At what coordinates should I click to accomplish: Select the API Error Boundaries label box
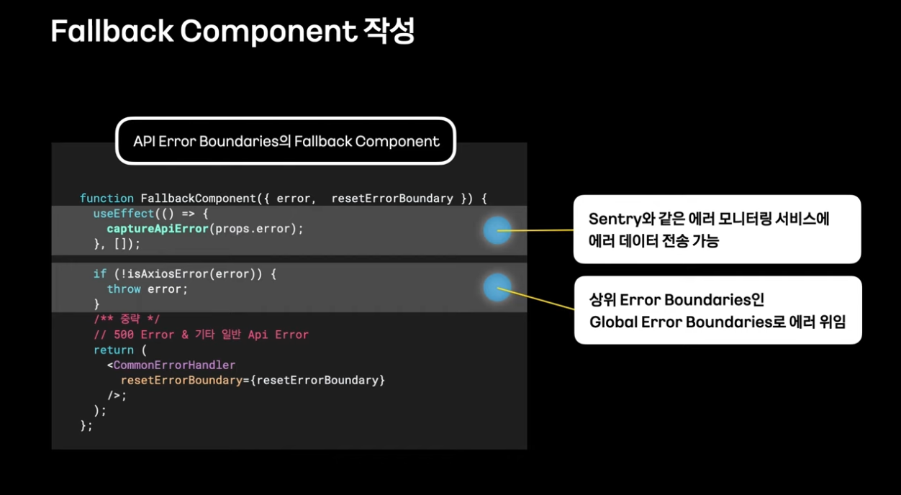(x=286, y=141)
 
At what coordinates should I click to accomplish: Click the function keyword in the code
(x=107, y=198)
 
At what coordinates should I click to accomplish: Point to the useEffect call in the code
(x=124, y=214)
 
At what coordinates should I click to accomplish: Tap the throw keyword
(x=124, y=289)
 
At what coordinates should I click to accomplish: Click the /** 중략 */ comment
(x=127, y=319)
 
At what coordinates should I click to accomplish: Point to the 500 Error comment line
(x=201, y=335)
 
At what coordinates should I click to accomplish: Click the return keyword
(x=114, y=350)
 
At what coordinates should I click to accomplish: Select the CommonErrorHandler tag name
(x=174, y=365)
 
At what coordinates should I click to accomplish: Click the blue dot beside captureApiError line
(x=497, y=230)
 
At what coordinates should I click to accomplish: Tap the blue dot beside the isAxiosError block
(x=497, y=287)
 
